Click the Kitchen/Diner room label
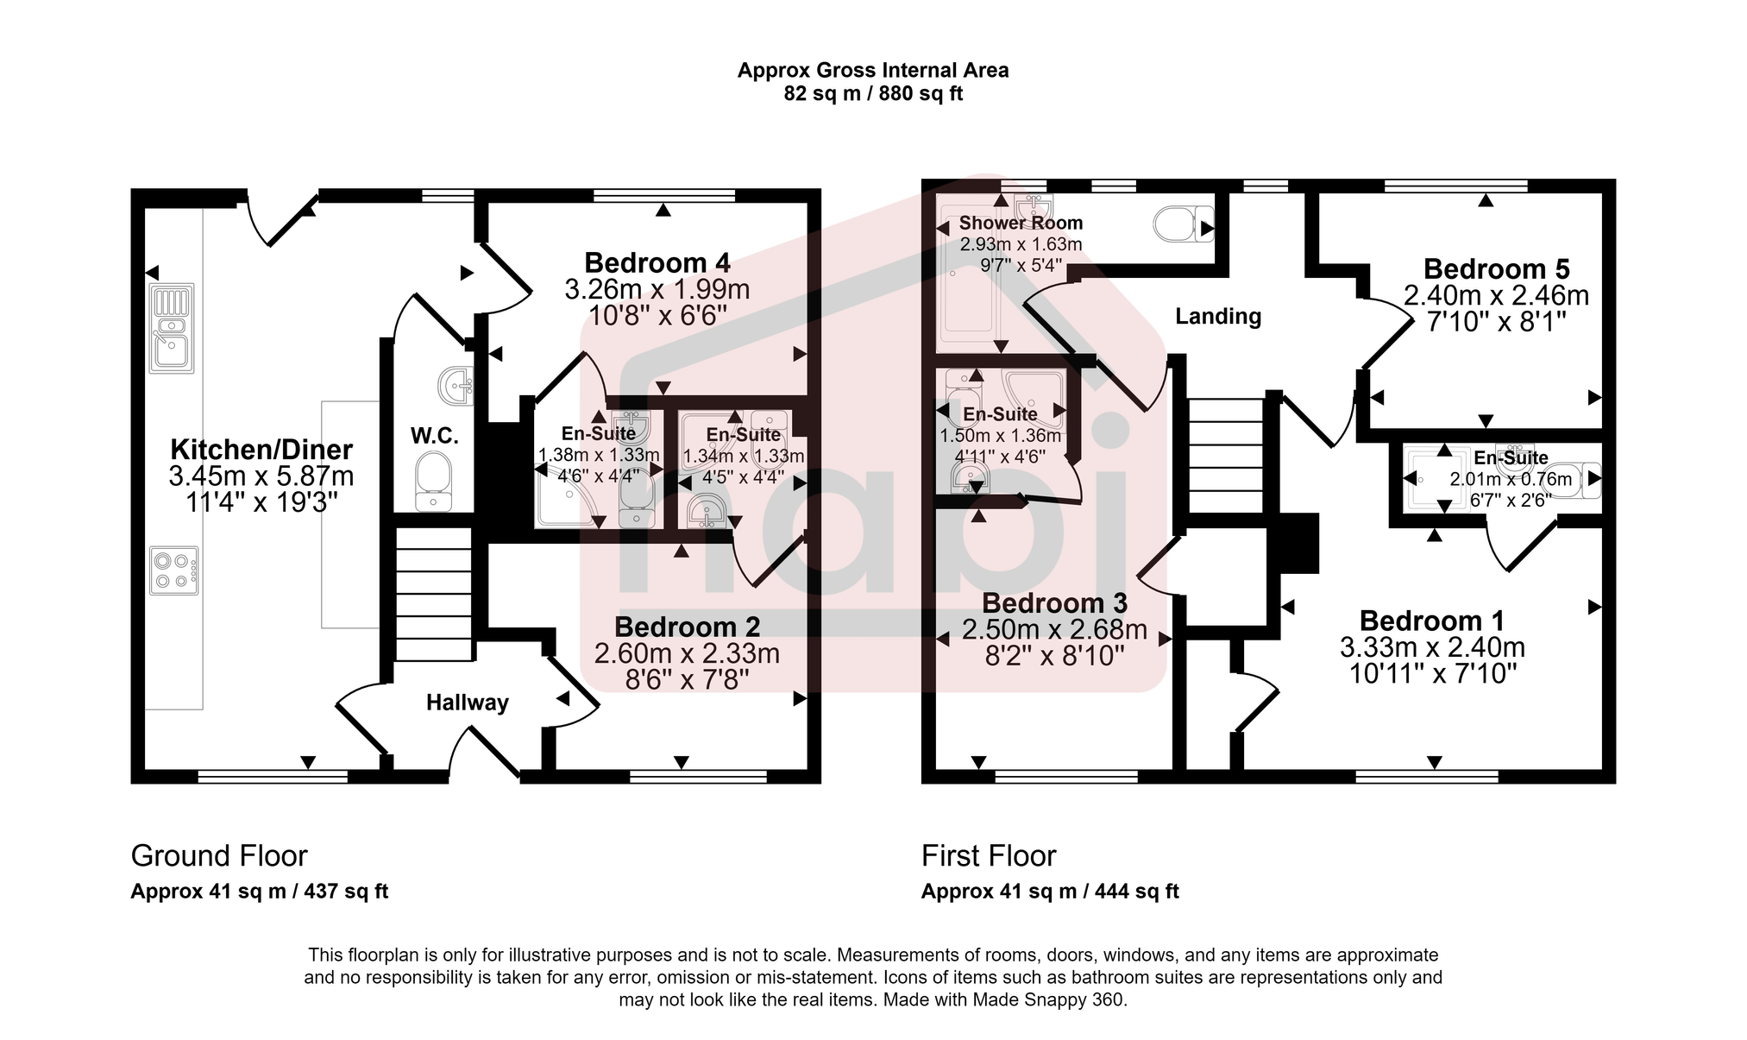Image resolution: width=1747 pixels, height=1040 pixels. [261, 450]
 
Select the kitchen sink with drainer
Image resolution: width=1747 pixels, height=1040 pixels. [172, 328]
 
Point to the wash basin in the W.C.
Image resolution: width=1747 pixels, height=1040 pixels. [456, 386]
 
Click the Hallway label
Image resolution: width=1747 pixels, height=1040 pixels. [467, 703]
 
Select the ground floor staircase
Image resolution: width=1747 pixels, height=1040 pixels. [434, 594]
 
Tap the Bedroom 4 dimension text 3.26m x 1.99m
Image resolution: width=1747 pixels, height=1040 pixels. [657, 289]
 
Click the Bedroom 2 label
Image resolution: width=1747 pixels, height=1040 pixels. [687, 627]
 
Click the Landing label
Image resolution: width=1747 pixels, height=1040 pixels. [1217, 317]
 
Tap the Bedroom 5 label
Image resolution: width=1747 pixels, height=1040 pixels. [1496, 269]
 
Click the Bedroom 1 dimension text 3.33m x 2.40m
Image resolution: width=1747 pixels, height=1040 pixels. [1432, 647]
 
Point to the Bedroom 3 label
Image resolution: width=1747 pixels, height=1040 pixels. [1054, 603]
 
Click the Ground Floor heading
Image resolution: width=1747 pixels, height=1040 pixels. [218, 856]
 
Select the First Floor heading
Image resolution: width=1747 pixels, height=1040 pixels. [988, 856]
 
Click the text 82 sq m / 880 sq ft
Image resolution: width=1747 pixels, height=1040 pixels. [872, 94]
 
